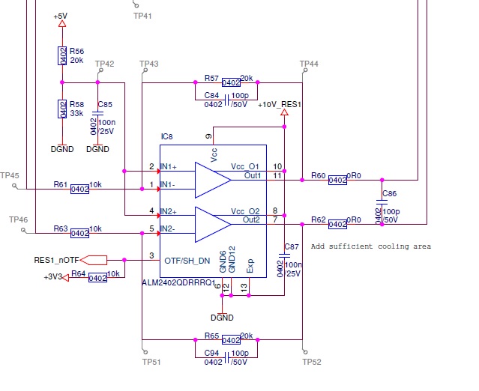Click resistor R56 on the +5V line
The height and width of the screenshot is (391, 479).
coord(62,56)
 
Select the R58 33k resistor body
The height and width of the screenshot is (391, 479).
coord(62,108)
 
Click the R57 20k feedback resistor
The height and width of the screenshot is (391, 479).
coord(230,82)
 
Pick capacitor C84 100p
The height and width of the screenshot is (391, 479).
coord(230,96)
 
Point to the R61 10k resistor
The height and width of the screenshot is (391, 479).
coord(80,190)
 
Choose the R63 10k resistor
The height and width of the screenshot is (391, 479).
coord(80,234)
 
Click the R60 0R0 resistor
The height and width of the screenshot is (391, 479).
coord(337,180)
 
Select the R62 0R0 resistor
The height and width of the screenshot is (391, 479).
coord(337,223)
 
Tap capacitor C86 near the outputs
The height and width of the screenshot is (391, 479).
coord(382,202)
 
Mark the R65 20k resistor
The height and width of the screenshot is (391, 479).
coord(230,339)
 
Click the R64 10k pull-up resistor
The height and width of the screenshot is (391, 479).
coord(97,278)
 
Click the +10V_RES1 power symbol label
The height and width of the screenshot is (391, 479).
coord(280,105)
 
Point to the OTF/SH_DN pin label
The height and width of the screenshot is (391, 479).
coord(187,260)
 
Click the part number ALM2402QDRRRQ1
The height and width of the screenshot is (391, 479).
coord(178,284)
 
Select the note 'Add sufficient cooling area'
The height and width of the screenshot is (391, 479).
coord(370,246)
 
